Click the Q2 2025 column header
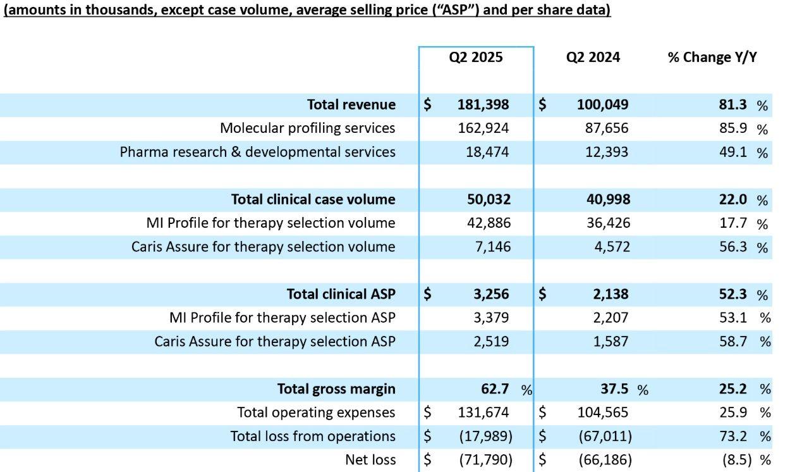476,58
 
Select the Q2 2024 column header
593,58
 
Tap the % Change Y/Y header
712,58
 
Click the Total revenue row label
351,104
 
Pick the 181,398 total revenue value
483,104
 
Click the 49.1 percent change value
732,152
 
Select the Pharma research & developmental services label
257,152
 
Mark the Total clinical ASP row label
341,294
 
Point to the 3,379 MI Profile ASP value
491,318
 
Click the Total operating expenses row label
316,413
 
